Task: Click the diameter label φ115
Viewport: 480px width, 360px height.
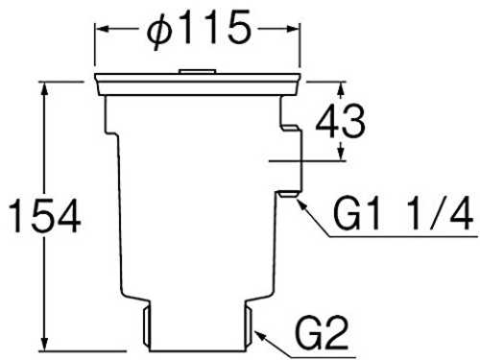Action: coord(199,30)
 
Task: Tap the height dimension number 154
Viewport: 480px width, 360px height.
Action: coord(44,216)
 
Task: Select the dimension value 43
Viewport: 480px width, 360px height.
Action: coord(340,122)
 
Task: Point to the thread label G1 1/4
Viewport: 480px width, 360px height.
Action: coord(403,212)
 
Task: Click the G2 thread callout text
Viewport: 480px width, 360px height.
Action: coord(322,333)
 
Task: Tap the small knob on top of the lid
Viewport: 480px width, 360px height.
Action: coord(197,71)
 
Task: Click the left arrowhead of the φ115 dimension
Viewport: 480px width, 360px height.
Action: coord(102,29)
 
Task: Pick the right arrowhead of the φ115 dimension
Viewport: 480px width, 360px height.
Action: coord(292,29)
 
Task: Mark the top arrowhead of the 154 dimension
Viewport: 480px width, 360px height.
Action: coord(44,89)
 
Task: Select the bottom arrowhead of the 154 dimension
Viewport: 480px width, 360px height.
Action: coord(44,344)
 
